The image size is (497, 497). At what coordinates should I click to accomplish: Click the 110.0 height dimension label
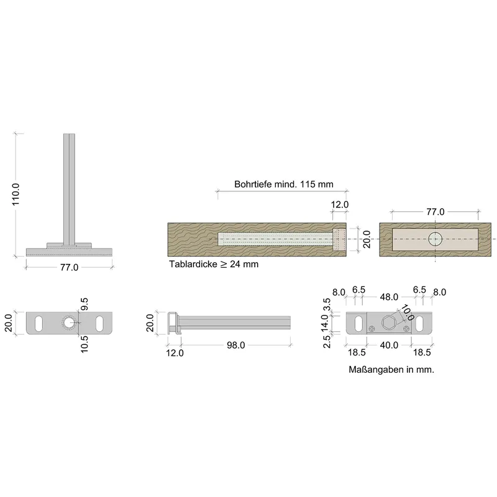[16, 194]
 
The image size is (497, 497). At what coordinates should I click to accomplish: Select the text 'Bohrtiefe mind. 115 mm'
[283, 185]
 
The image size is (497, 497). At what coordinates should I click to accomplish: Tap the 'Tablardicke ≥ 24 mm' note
[213, 264]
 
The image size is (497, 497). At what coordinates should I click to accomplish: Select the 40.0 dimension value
[389, 345]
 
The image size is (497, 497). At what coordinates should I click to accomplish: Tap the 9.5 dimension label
[85, 304]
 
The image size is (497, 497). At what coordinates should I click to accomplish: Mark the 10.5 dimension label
[85, 344]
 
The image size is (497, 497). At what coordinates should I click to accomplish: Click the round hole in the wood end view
[435, 239]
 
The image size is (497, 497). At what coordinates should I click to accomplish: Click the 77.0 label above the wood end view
[435, 212]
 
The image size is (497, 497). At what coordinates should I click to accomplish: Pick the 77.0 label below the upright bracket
[68, 268]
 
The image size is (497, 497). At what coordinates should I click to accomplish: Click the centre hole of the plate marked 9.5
[69, 323]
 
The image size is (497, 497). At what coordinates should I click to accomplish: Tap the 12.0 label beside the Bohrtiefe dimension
[339, 204]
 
